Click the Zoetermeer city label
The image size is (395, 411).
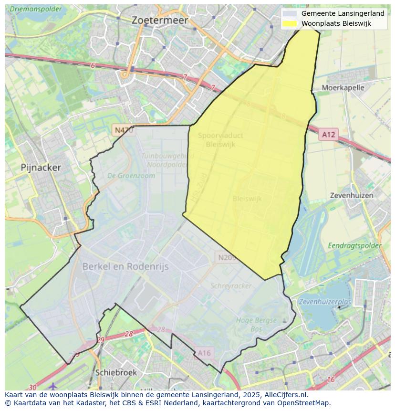(159, 21)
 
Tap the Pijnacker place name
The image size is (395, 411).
(41, 168)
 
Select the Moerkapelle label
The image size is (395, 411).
(343, 88)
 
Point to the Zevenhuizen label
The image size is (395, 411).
(352, 195)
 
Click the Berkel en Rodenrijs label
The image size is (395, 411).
(125, 267)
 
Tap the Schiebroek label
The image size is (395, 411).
(116, 372)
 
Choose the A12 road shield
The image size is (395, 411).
(328, 135)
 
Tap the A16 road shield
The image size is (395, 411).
(204, 353)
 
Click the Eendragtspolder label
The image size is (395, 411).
(354, 246)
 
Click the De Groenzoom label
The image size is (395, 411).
(131, 176)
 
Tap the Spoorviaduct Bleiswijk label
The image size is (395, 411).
(220, 139)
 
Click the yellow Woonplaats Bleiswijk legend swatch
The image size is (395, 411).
(289, 23)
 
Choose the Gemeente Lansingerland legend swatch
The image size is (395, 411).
(289, 13)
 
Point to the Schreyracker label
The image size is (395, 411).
(231, 285)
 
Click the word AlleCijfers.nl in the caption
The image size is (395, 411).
(284, 395)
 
